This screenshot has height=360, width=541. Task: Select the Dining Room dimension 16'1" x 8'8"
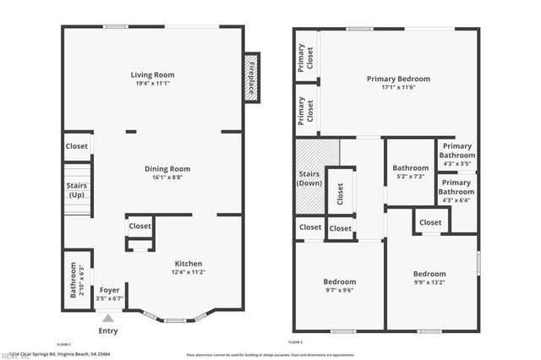(x=154, y=177)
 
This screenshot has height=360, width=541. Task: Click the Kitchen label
(x=189, y=263)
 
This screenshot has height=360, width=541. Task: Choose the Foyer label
(x=110, y=290)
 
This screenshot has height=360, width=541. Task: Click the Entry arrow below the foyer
(x=107, y=318)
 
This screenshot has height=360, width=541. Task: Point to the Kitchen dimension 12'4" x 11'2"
(x=189, y=272)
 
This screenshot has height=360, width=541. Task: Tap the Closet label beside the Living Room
(x=77, y=146)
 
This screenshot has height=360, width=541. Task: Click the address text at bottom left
(x=76, y=354)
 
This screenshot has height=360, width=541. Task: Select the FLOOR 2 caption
(x=295, y=342)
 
